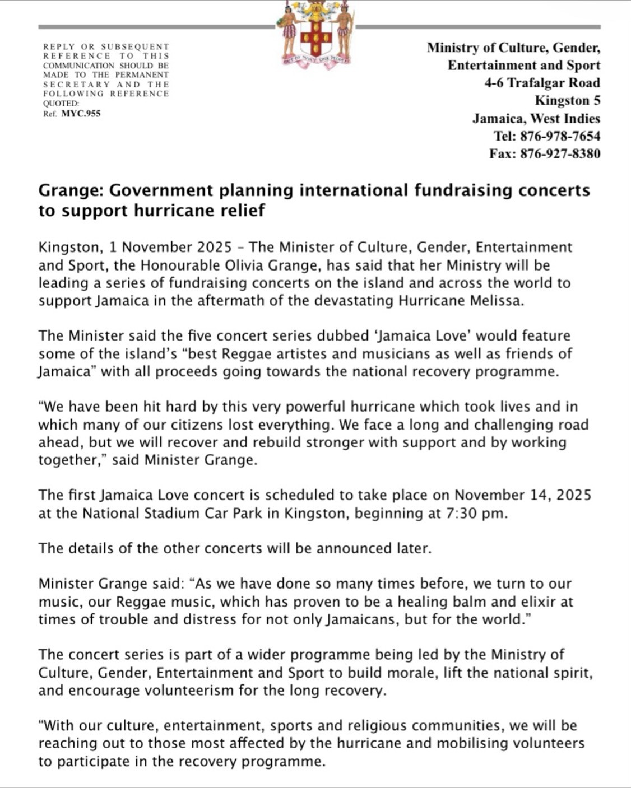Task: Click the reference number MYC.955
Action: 81,114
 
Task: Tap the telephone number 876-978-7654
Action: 560,136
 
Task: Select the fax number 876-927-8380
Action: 560,154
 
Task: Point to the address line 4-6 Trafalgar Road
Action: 542,83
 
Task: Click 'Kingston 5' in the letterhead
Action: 567,101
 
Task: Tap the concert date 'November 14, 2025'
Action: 522,495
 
